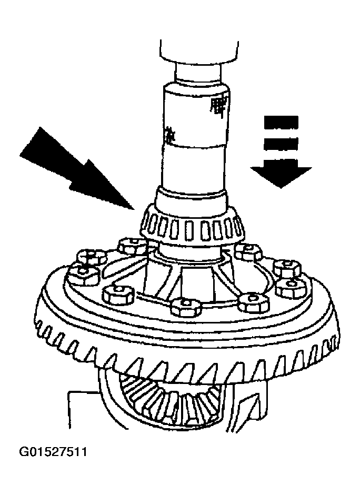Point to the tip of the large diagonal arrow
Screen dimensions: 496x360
[135, 208]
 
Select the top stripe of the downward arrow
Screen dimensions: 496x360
[281, 122]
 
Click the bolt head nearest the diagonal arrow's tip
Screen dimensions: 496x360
[132, 245]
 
